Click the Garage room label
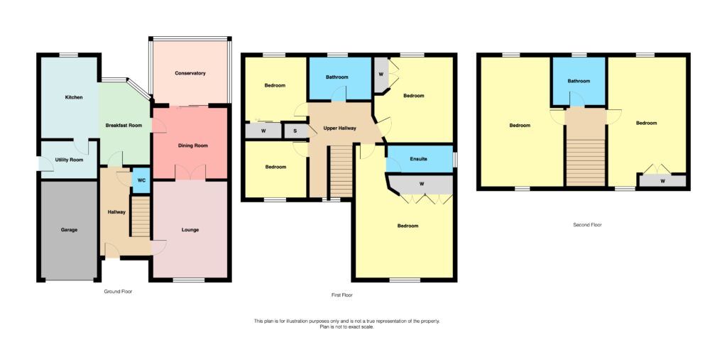coord(69,230)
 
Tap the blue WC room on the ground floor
coord(141,180)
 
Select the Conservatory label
coord(190,73)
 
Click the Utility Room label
coord(69,160)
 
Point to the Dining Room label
coord(191,146)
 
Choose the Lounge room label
coord(190,230)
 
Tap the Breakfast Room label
coord(124,126)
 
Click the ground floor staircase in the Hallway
coord(141,216)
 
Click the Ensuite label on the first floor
coord(418,159)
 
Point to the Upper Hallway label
coord(339,128)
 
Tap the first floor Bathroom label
coord(337,77)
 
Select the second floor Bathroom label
coord(579,81)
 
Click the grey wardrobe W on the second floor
coord(662,180)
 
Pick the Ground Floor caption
coord(118,292)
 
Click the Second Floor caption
coord(587,225)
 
